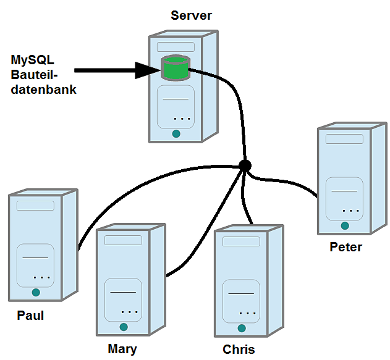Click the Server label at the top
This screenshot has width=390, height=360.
[191, 16]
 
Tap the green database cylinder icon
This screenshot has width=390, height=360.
[175, 69]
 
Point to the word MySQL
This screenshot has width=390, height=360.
[33, 61]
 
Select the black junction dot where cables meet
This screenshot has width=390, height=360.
[245, 165]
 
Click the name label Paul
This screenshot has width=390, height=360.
[30, 316]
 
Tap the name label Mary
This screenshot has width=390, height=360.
[122, 349]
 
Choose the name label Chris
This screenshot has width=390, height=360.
[239, 350]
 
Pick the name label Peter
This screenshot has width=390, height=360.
[345, 248]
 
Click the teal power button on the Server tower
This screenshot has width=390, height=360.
[176, 133]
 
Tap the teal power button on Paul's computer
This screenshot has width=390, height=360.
[36, 292]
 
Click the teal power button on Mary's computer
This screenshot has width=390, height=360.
[124, 327]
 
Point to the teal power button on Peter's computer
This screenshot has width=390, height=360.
[344, 226]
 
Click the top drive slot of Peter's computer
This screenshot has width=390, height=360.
[345, 139]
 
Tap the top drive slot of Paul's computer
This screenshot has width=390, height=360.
[36, 206]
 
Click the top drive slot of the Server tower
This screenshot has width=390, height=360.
[176, 47]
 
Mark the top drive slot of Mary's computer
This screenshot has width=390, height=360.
[124, 240]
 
